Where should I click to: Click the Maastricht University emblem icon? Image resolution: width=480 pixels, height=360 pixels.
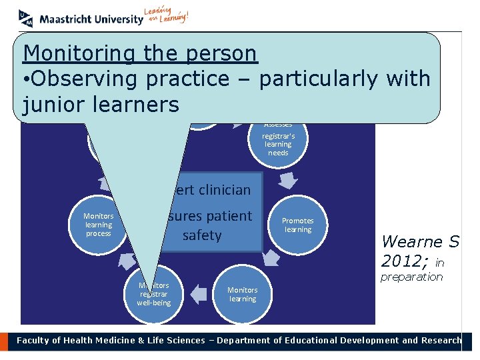tap(26, 18)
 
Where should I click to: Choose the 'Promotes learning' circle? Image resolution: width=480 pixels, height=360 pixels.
tap(298, 225)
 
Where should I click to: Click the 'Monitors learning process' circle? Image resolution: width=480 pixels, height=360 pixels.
tap(99, 225)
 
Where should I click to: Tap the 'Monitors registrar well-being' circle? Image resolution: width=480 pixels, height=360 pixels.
tap(153, 294)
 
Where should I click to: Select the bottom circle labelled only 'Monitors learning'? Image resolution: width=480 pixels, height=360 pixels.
tap(243, 294)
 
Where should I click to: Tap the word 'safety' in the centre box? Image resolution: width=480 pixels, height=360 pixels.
tap(202, 235)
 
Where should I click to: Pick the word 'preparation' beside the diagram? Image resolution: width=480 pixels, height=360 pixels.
tap(411, 277)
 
